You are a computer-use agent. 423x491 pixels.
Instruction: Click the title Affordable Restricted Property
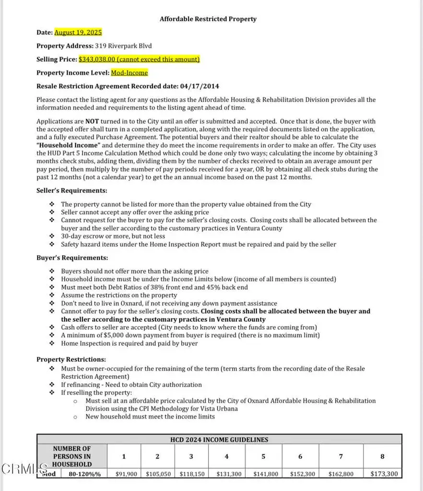click(x=208, y=19)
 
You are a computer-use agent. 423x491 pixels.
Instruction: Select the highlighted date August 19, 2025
click(x=78, y=33)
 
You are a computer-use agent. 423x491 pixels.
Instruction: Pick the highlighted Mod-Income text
click(x=129, y=73)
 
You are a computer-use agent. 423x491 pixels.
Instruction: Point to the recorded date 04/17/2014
click(x=200, y=86)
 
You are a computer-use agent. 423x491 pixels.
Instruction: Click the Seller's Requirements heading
click(x=72, y=190)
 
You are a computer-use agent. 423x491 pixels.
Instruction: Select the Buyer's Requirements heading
click(x=72, y=257)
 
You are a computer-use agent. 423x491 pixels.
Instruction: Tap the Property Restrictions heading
click(x=71, y=359)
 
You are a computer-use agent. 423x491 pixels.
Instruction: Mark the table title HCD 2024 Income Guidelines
click(x=219, y=440)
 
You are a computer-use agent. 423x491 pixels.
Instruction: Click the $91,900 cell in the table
click(x=126, y=474)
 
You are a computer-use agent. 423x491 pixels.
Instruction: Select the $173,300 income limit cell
click(x=384, y=474)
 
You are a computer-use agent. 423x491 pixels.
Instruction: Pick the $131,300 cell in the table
click(x=227, y=474)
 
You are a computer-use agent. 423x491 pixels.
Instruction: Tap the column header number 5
click(x=263, y=456)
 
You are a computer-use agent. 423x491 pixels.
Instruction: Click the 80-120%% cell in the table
click(x=85, y=474)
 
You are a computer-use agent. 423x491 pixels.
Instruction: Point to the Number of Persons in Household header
click(x=72, y=456)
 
